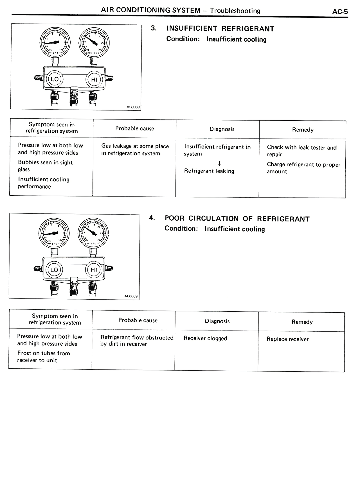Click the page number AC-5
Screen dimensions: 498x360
click(x=340, y=12)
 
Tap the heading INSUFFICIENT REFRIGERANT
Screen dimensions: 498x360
click(x=220, y=29)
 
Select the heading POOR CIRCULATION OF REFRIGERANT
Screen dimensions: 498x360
click(x=237, y=219)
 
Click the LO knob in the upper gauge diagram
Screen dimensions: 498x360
click(x=55, y=79)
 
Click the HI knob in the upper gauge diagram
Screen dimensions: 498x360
click(x=94, y=80)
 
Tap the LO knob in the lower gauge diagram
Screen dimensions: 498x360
click(x=54, y=270)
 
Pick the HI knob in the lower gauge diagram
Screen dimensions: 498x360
click(x=94, y=270)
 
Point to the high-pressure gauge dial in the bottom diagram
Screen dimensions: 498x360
click(x=93, y=233)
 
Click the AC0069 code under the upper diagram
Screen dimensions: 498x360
click(x=133, y=107)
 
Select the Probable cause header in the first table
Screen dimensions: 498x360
click(x=135, y=128)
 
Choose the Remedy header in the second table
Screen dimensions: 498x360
click(x=302, y=322)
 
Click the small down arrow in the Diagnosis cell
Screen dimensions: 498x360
click(x=219, y=163)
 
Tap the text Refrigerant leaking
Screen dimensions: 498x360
click(x=209, y=171)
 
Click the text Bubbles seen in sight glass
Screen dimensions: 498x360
click(x=45, y=166)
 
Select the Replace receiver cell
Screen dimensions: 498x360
click(x=287, y=339)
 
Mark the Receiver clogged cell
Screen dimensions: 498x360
click(x=205, y=338)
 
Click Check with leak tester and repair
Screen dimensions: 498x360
click(x=301, y=151)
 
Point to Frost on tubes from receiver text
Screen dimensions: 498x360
click(x=43, y=357)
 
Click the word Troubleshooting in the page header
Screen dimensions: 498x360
click(x=235, y=11)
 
